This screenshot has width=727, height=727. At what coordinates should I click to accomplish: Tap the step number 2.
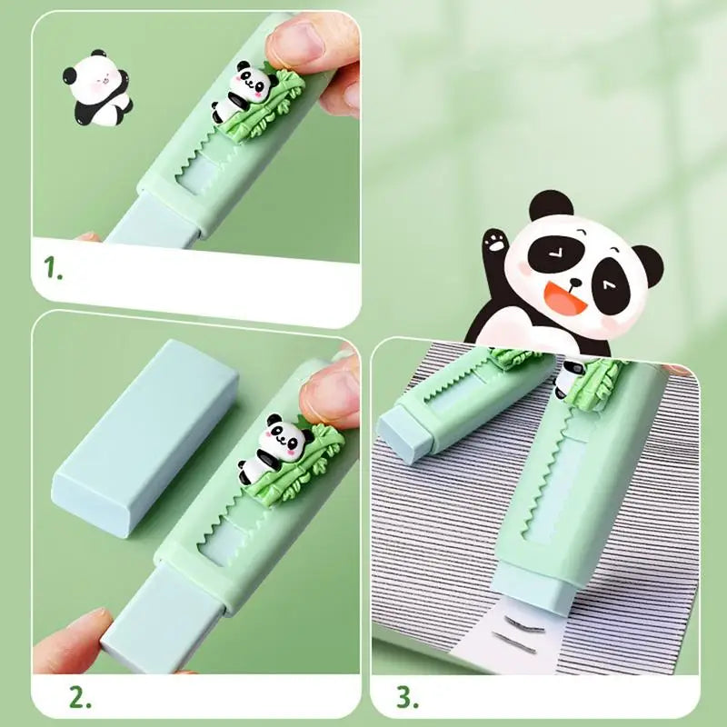(x=81, y=698)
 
